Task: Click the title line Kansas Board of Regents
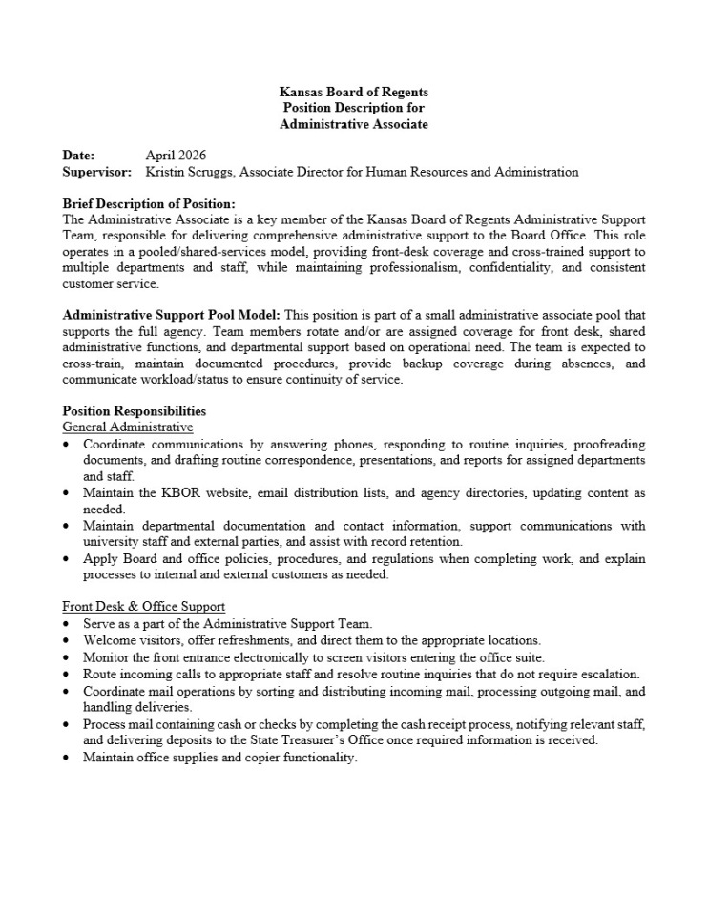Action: click(353, 93)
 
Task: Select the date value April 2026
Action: click(176, 156)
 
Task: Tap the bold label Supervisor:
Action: click(96, 172)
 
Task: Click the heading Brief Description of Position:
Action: click(148, 203)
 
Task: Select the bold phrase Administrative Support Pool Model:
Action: click(172, 315)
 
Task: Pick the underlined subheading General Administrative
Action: click(127, 427)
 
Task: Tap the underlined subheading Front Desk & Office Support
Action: click(143, 606)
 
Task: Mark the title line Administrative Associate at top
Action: click(353, 125)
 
